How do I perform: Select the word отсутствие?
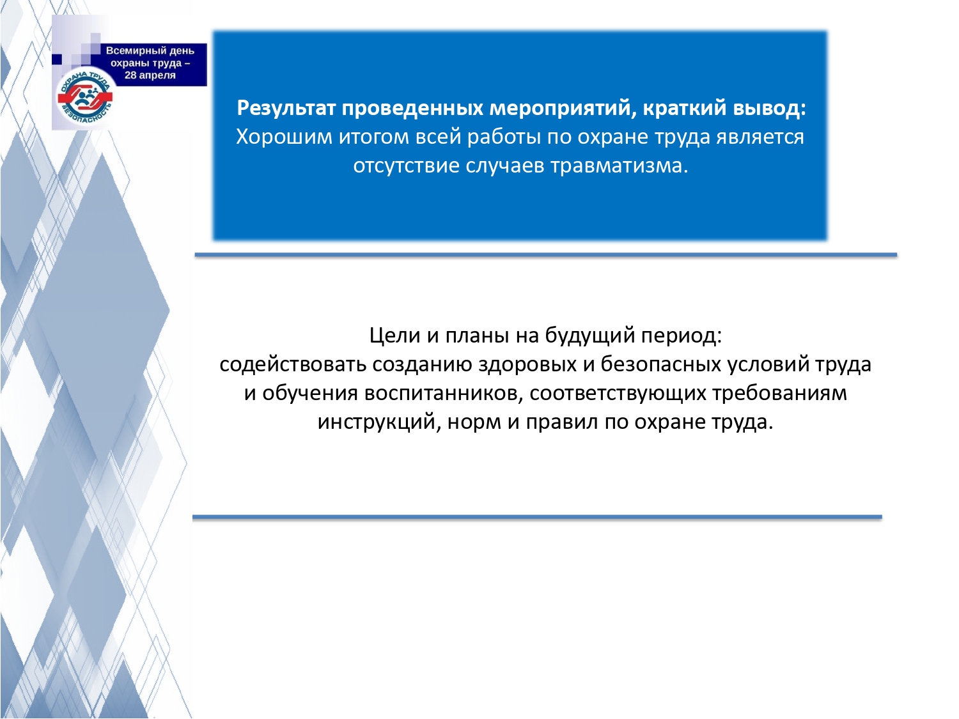406,167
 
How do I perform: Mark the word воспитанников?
444,394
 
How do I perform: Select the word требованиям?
779,394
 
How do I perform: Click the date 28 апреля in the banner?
150,75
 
